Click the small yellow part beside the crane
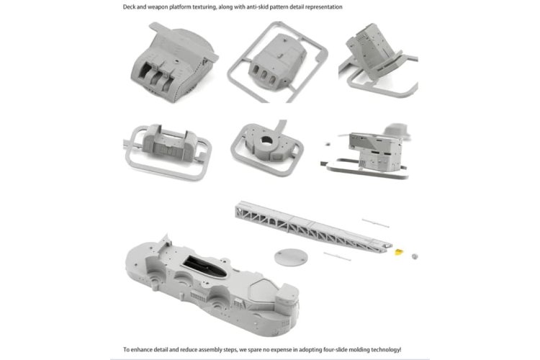(399, 253)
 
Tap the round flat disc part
(291, 257)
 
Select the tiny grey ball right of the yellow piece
(415, 256)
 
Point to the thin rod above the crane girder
(375, 223)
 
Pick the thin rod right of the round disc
(337, 256)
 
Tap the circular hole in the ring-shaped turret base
(266, 140)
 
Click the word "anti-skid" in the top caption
(257, 7)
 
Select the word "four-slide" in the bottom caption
(335, 350)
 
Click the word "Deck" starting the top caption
(129, 7)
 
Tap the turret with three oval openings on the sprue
(277, 62)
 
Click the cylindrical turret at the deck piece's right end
(287, 299)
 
